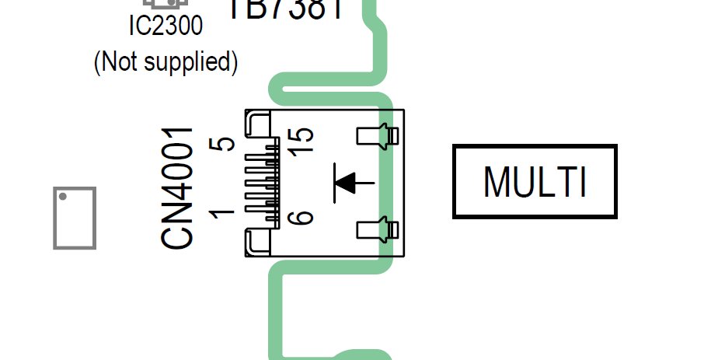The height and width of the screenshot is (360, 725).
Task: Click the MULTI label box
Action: (x=535, y=181)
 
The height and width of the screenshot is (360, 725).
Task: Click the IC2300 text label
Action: (x=165, y=26)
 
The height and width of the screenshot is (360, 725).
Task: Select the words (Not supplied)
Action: (x=165, y=61)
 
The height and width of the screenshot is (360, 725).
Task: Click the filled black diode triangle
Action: (x=347, y=183)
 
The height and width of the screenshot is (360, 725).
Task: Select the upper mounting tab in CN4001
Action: (x=377, y=137)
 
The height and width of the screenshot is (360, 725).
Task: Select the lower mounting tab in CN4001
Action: (x=377, y=229)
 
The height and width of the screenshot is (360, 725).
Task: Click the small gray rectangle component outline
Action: (x=75, y=218)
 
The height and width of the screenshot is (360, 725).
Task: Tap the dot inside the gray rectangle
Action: (x=63, y=197)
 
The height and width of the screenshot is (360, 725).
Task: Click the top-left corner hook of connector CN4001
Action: (x=256, y=122)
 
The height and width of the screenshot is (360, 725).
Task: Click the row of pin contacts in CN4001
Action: (x=262, y=183)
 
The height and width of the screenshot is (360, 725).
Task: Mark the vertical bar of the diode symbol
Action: (x=335, y=183)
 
